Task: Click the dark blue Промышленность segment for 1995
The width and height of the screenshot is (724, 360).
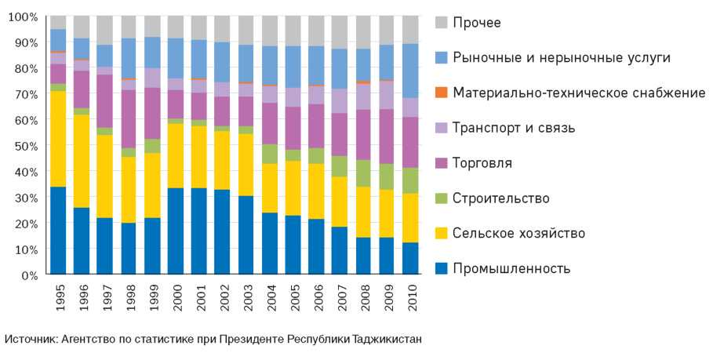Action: click(x=58, y=231)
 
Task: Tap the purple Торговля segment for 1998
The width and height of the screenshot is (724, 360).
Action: click(x=129, y=118)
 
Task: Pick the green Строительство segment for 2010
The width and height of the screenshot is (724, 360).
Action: click(x=409, y=180)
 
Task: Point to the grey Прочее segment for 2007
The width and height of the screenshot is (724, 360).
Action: click(x=339, y=32)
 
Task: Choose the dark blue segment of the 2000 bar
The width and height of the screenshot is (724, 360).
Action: click(x=175, y=231)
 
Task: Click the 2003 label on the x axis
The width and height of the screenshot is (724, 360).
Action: click(x=246, y=298)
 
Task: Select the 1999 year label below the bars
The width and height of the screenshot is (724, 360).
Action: click(x=153, y=298)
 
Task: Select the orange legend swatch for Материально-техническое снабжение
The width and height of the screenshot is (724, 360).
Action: click(x=442, y=93)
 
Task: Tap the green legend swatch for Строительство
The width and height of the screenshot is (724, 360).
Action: click(x=442, y=198)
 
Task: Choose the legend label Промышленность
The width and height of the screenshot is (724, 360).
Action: click(x=511, y=269)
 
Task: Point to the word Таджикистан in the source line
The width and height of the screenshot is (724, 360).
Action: click(x=387, y=340)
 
